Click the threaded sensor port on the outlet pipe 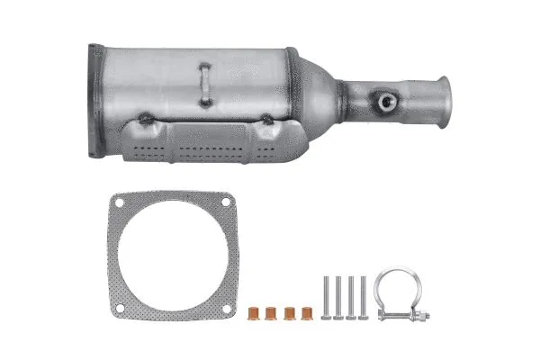point(387,102)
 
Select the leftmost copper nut point(254,315)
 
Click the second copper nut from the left point(271,315)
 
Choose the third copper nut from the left point(289,315)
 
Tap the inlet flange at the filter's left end point(96,101)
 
